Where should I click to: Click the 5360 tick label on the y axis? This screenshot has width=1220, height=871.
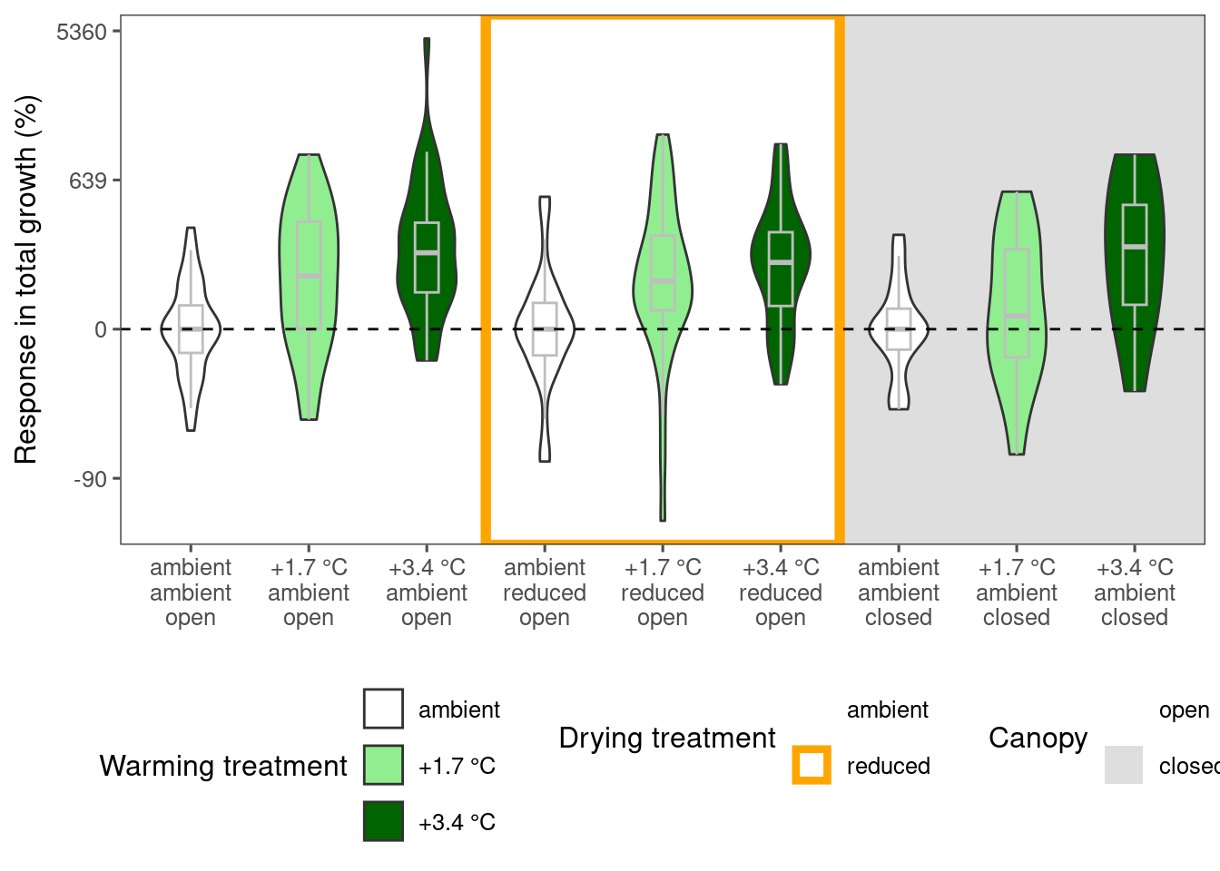point(82,32)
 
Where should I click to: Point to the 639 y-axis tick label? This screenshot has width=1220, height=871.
point(88,181)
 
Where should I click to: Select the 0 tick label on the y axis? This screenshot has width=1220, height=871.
point(101,330)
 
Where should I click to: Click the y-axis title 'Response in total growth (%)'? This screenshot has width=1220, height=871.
point(26,279)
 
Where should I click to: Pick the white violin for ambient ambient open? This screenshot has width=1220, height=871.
point(191,329)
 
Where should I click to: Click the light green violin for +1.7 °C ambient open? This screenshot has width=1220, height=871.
point(309,287)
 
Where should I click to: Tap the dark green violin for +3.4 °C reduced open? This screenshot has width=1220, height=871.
point(781,265)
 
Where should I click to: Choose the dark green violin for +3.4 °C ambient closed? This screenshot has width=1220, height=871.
point(1135,272)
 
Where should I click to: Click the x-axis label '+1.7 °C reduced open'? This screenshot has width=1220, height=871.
point(663,592)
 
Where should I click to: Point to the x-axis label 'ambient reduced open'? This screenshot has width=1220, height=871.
point(545,592)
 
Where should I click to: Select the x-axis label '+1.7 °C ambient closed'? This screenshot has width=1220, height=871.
point(1017,592)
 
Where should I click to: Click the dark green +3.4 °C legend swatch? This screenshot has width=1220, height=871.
point(383,821)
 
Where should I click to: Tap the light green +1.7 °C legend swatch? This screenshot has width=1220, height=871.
point(383,765)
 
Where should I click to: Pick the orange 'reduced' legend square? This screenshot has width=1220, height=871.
point(812,765)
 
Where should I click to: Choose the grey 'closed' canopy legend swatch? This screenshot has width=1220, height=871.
point(1124,765)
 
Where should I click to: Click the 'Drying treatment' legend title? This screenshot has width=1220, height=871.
point(667,739)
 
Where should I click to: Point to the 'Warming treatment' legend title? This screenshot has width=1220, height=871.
point(223,767)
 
